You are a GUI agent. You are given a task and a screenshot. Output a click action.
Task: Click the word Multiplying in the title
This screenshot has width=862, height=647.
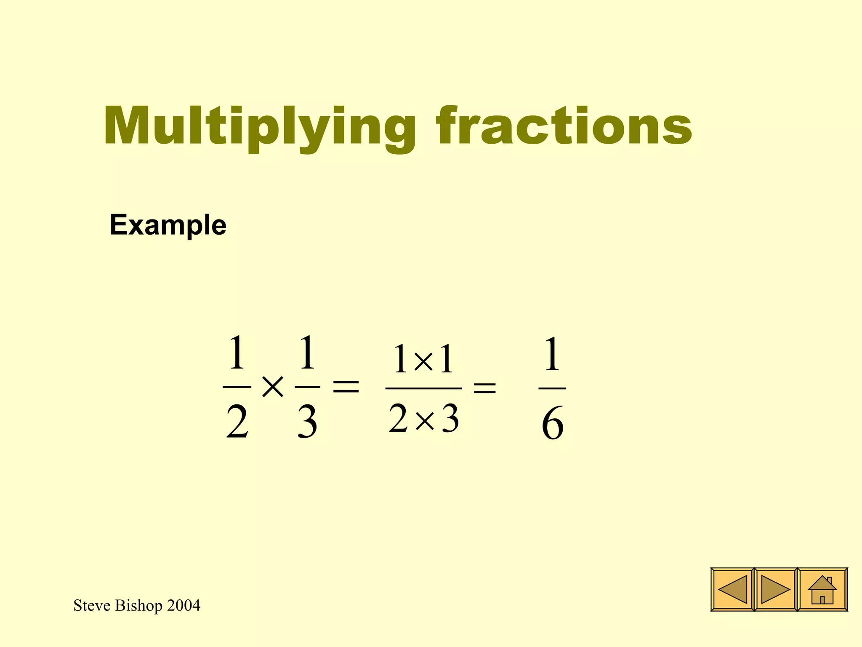[x=259, y=126]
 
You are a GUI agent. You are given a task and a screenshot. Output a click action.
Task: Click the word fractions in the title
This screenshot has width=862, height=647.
[x=564, y=126]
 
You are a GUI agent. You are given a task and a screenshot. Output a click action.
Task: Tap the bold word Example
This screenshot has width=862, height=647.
[x=168, y=225]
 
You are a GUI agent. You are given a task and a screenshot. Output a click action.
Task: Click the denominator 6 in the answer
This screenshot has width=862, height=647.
[x=552, y=424]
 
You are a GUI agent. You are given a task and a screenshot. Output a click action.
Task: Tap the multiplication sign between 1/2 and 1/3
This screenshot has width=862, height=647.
[x=273, y=387]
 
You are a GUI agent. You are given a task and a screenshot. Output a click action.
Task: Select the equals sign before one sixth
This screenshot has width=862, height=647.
[x=485, y=388]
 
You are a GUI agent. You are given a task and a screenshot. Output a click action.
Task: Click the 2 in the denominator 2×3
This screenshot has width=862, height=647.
[x=398, y=419]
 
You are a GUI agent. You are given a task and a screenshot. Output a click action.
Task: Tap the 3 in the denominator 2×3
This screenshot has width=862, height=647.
[x=450, y=419]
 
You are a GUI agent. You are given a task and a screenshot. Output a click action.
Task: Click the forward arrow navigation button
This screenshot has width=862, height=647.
[x=775, y=589]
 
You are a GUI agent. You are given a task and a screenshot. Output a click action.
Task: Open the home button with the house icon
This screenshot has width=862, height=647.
[x=822, y=589]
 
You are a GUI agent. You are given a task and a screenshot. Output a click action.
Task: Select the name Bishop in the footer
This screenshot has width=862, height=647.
[x=138, y=606]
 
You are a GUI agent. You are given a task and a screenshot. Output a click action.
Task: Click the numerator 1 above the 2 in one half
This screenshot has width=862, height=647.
[x=237, y=353]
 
